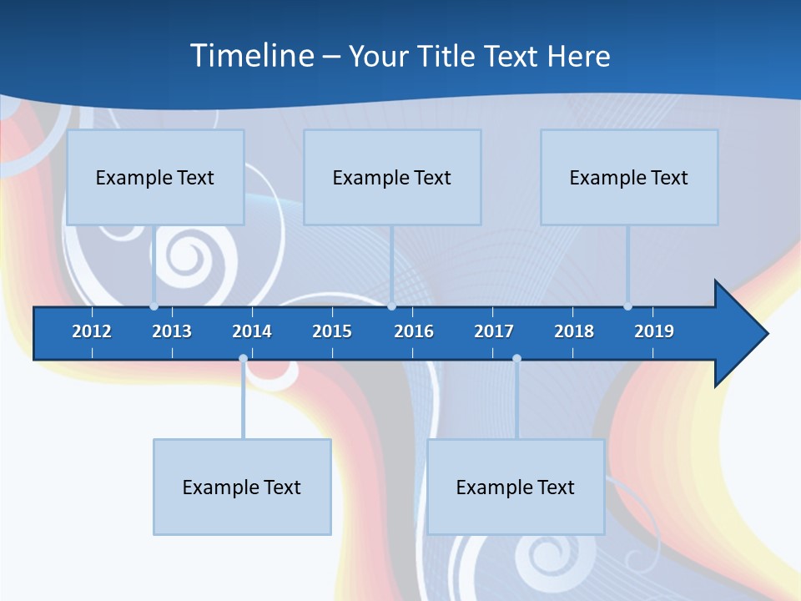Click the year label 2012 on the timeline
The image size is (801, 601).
tap(92, 331)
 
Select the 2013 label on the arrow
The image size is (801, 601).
tap(172, 331)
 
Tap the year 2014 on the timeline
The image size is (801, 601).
tap(252, 331)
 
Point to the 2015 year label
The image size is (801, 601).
tap(332, 331)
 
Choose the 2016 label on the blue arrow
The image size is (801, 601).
tap(414, 331)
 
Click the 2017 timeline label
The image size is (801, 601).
tap(494, 331)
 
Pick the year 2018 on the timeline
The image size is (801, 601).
tap(574, 331)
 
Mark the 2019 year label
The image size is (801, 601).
tap(654, 331)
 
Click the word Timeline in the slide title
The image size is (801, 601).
tap(252, 56)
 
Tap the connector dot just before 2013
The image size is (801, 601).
tap(154, 306)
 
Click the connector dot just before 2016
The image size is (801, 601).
tap(391, 306)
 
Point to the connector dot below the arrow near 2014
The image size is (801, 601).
tap(243, 359)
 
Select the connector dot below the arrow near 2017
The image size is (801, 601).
tap(516, 359)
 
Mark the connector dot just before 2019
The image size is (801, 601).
tap(627, 306)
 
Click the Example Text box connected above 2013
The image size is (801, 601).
tap(155, 177)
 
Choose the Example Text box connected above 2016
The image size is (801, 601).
tap(392, 177)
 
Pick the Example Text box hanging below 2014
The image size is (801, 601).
tap(242, 487)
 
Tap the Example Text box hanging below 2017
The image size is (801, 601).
tap(516, 487)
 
